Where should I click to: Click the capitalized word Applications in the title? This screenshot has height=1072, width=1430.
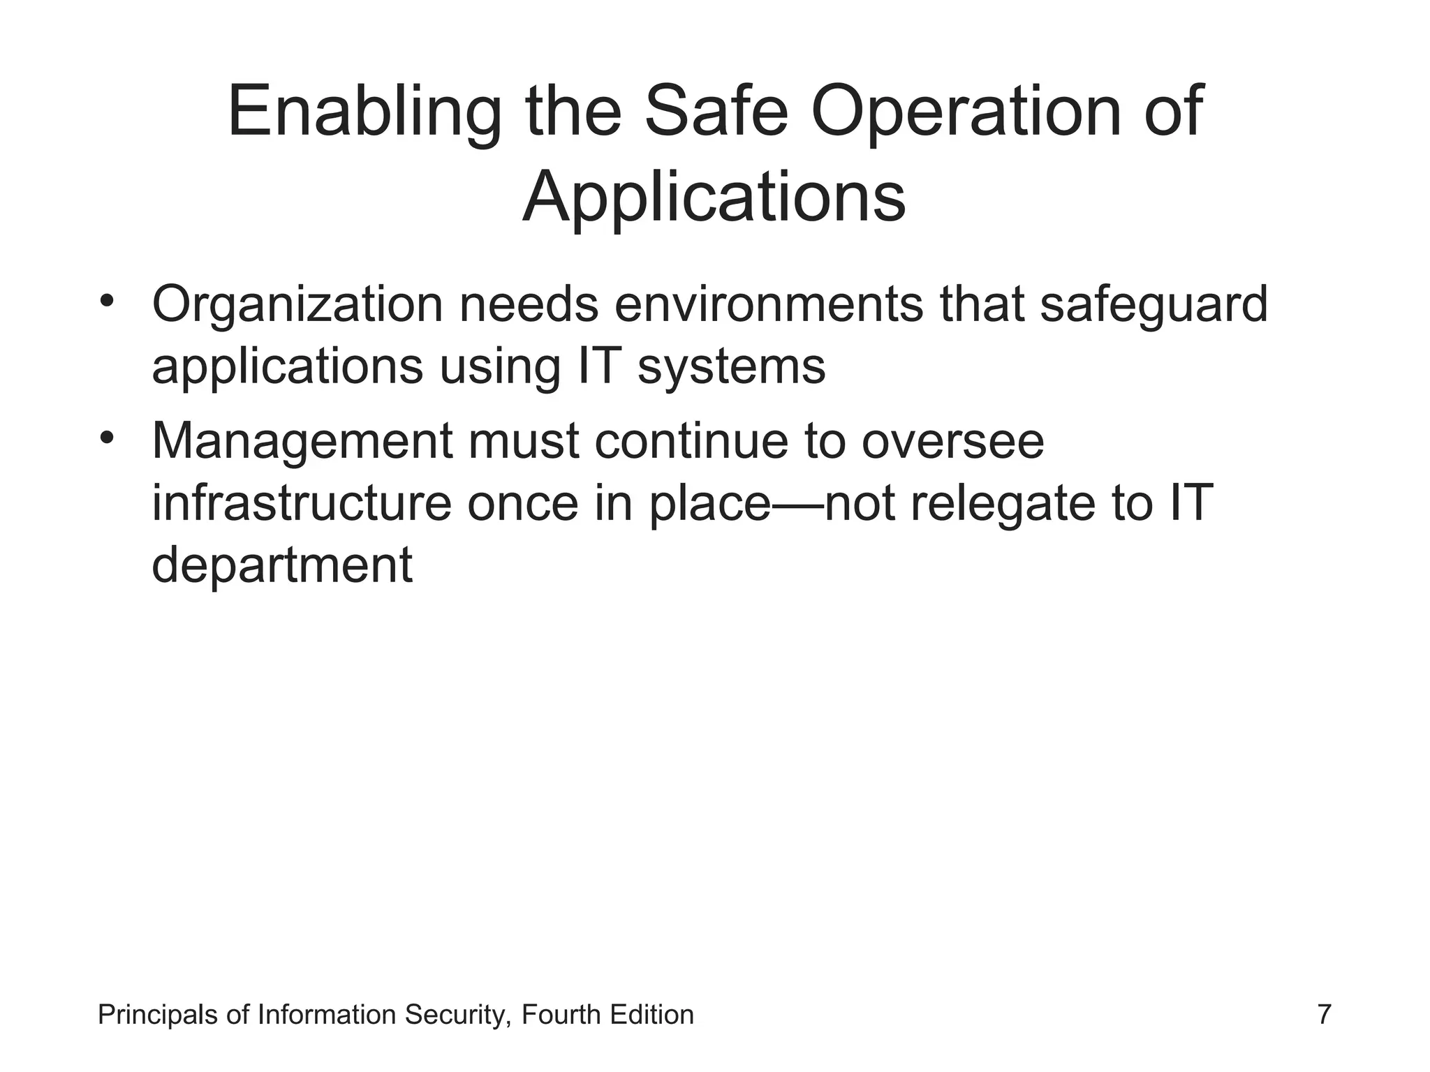click(x=714, y=199)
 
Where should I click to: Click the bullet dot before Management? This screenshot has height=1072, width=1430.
click(x=106, y=438)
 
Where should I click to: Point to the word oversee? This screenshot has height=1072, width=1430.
click(x=952, y=441)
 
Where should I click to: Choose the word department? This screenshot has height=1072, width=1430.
click(x=282, y=566)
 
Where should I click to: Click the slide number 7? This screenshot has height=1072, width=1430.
click(x=1323, y=1014)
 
